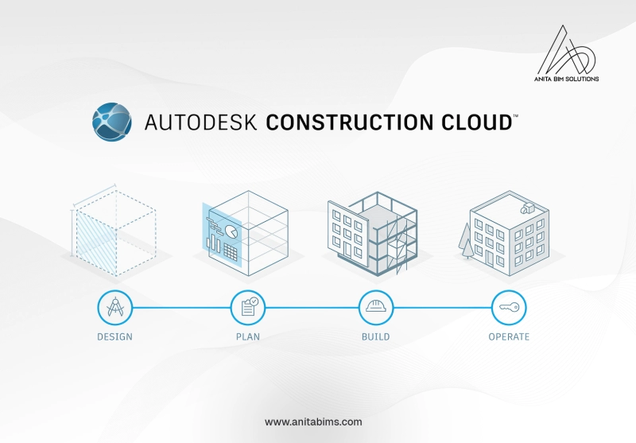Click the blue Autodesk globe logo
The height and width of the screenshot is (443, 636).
pyautogui.click(x=112, y=122)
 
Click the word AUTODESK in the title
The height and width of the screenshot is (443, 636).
pyautogui.click(x=200, y=122)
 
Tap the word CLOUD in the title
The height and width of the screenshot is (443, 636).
pyautogui.click(x=476, y=122)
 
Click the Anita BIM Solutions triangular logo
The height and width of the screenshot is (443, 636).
pyautogui.click(x=567, y=50)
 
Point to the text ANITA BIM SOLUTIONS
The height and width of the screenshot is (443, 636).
pyautogui.click(x=566, y=79)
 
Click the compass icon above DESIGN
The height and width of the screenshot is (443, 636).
pyautogui.click(x=114, y=308)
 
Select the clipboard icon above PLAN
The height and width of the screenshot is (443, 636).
pyautogui.click(x=248, y=308)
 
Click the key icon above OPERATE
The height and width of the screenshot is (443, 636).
pyautogui.click(x=509, y=308)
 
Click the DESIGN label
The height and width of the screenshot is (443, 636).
pyautogui.click(x=114, y=336)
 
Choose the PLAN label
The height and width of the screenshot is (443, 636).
pyautogui.click(x=248, y=336)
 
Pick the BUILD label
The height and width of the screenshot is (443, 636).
pyautogui.click(x=375, y=336)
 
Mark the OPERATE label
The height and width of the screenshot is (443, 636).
pyautogui.click(x=509, y=336)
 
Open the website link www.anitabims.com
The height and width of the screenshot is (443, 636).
pyautogui.click(x=313, y=422)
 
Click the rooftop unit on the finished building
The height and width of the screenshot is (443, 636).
pyautogui.click(x=528, y=208)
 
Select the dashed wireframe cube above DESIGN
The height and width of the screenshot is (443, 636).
pyautogui.click(x=114, y=231)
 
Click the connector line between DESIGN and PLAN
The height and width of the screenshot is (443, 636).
pyautogui.click(x=181, y=308)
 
